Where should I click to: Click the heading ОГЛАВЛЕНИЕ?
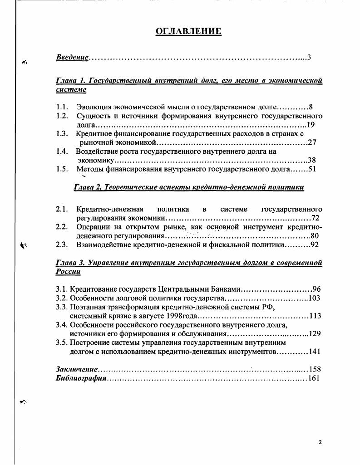(x=188, y=31)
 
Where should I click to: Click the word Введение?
(x=72, y=58)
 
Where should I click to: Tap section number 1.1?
(x=62, y=108)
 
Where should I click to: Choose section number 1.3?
(x=62, y=133)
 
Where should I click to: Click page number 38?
(x=311, y=160)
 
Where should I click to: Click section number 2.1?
(x=62, y=209)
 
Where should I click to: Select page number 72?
(x=315, y=218)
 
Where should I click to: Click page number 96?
(x=316, y=289)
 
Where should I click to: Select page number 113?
(x=315, y=316)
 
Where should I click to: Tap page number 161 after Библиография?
(x=314, y=378)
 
